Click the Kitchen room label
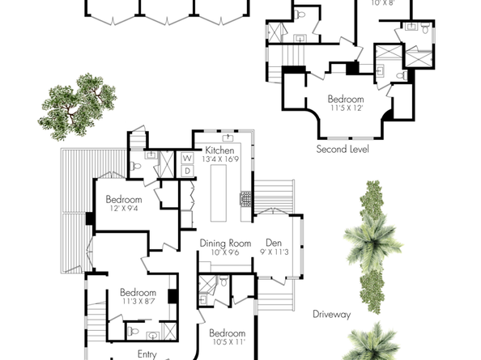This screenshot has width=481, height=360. click(x=219, y=150)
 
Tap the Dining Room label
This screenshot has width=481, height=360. click(x=226, y=243)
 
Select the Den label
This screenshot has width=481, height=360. click(x=274, y=242)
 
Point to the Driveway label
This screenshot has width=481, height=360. click(x=331, y=314)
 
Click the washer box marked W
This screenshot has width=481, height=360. click(x=186, y=157)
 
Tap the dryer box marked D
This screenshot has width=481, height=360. click(x=186, y=170)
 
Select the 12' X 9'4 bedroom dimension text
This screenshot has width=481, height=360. click(x=123, y=209)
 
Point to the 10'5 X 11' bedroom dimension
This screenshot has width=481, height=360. click(x=227, y=342)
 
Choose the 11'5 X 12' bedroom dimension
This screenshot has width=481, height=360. click(x=346, y=107)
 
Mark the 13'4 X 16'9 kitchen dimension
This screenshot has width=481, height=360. click(x=219, y=160)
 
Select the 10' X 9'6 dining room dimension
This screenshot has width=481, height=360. click(x=226, y=252)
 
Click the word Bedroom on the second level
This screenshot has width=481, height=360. click(x=346, y=98)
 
